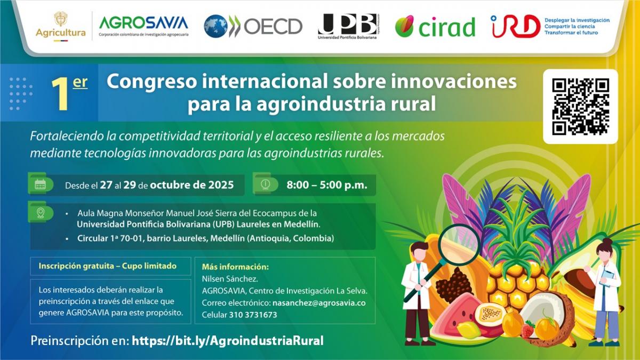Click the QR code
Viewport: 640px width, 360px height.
580,106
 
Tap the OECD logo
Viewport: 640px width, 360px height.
253,26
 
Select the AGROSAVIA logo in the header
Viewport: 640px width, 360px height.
143,25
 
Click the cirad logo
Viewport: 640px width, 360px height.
435,26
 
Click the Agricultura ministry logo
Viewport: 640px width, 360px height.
60,25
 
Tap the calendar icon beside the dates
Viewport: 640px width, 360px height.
41,185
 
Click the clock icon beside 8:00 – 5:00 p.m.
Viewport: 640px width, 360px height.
265,184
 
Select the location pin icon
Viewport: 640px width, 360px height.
41,213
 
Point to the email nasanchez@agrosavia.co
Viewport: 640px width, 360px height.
318,303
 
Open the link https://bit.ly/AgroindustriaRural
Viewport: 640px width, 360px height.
228,341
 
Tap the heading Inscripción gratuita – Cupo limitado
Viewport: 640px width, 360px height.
107,266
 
